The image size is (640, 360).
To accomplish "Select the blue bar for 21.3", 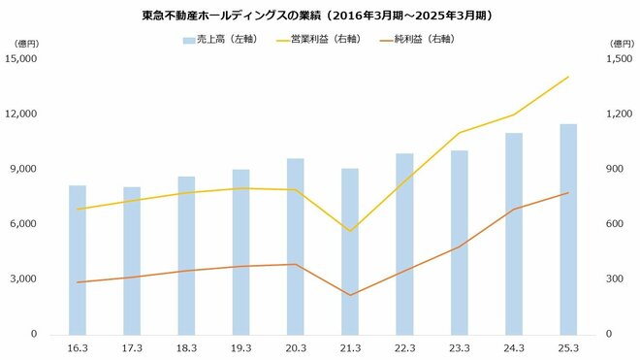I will click(x=350, y=251).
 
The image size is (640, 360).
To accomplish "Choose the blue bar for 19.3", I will click(x=241, y=251).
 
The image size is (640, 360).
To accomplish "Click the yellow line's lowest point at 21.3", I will click(x=350, y=231).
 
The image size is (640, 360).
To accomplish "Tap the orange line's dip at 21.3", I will click(x=350, y=295).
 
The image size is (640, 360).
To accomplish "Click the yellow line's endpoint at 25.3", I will click(x=568, y=77).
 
